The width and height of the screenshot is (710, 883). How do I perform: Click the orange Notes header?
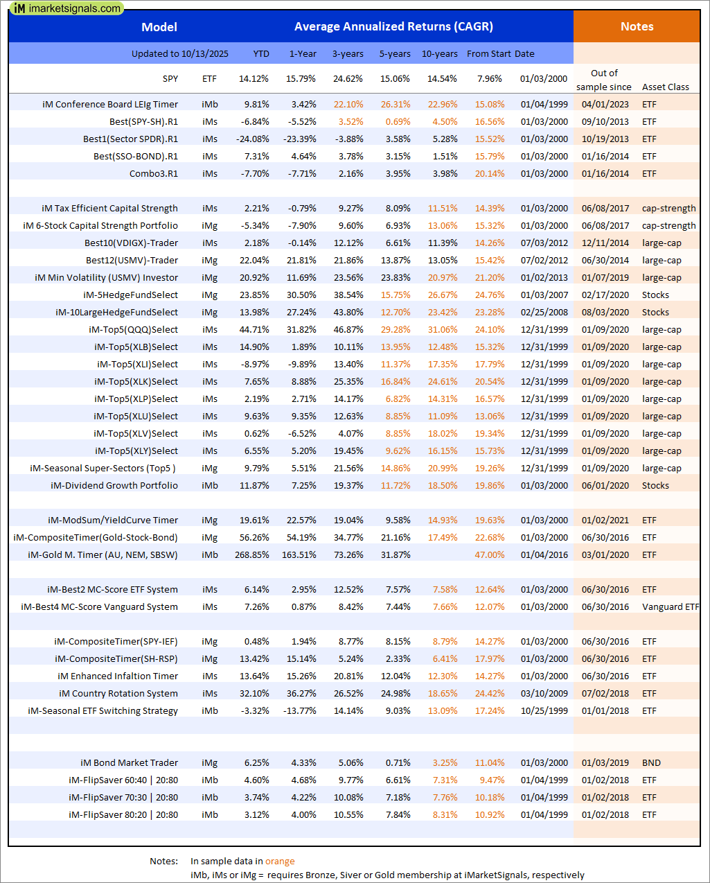[637, 27]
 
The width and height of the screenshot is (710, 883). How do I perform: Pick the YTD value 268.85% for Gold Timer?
[252, 555]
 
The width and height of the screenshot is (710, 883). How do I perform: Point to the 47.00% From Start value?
[490, 555]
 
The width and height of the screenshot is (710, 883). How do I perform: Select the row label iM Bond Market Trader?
[129, 763]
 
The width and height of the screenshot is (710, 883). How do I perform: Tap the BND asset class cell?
[651, 763]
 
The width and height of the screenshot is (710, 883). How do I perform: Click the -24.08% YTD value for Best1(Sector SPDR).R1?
[252, 139]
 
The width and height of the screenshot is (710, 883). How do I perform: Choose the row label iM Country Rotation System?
[118, 694]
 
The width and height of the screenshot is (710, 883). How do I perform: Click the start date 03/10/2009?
[544, 694]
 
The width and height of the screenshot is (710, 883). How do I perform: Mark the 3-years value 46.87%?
[348, 330]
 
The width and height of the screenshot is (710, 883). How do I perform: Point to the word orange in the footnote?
[280, 862]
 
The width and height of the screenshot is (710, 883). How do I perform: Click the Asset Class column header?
[665, 87]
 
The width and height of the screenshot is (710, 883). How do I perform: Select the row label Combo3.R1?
[154, 174]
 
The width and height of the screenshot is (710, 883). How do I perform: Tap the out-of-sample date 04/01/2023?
[605, 105]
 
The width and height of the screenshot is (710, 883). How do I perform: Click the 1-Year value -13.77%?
[300, 711]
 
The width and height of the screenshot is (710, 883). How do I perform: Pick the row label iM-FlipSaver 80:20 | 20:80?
[123, 815]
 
